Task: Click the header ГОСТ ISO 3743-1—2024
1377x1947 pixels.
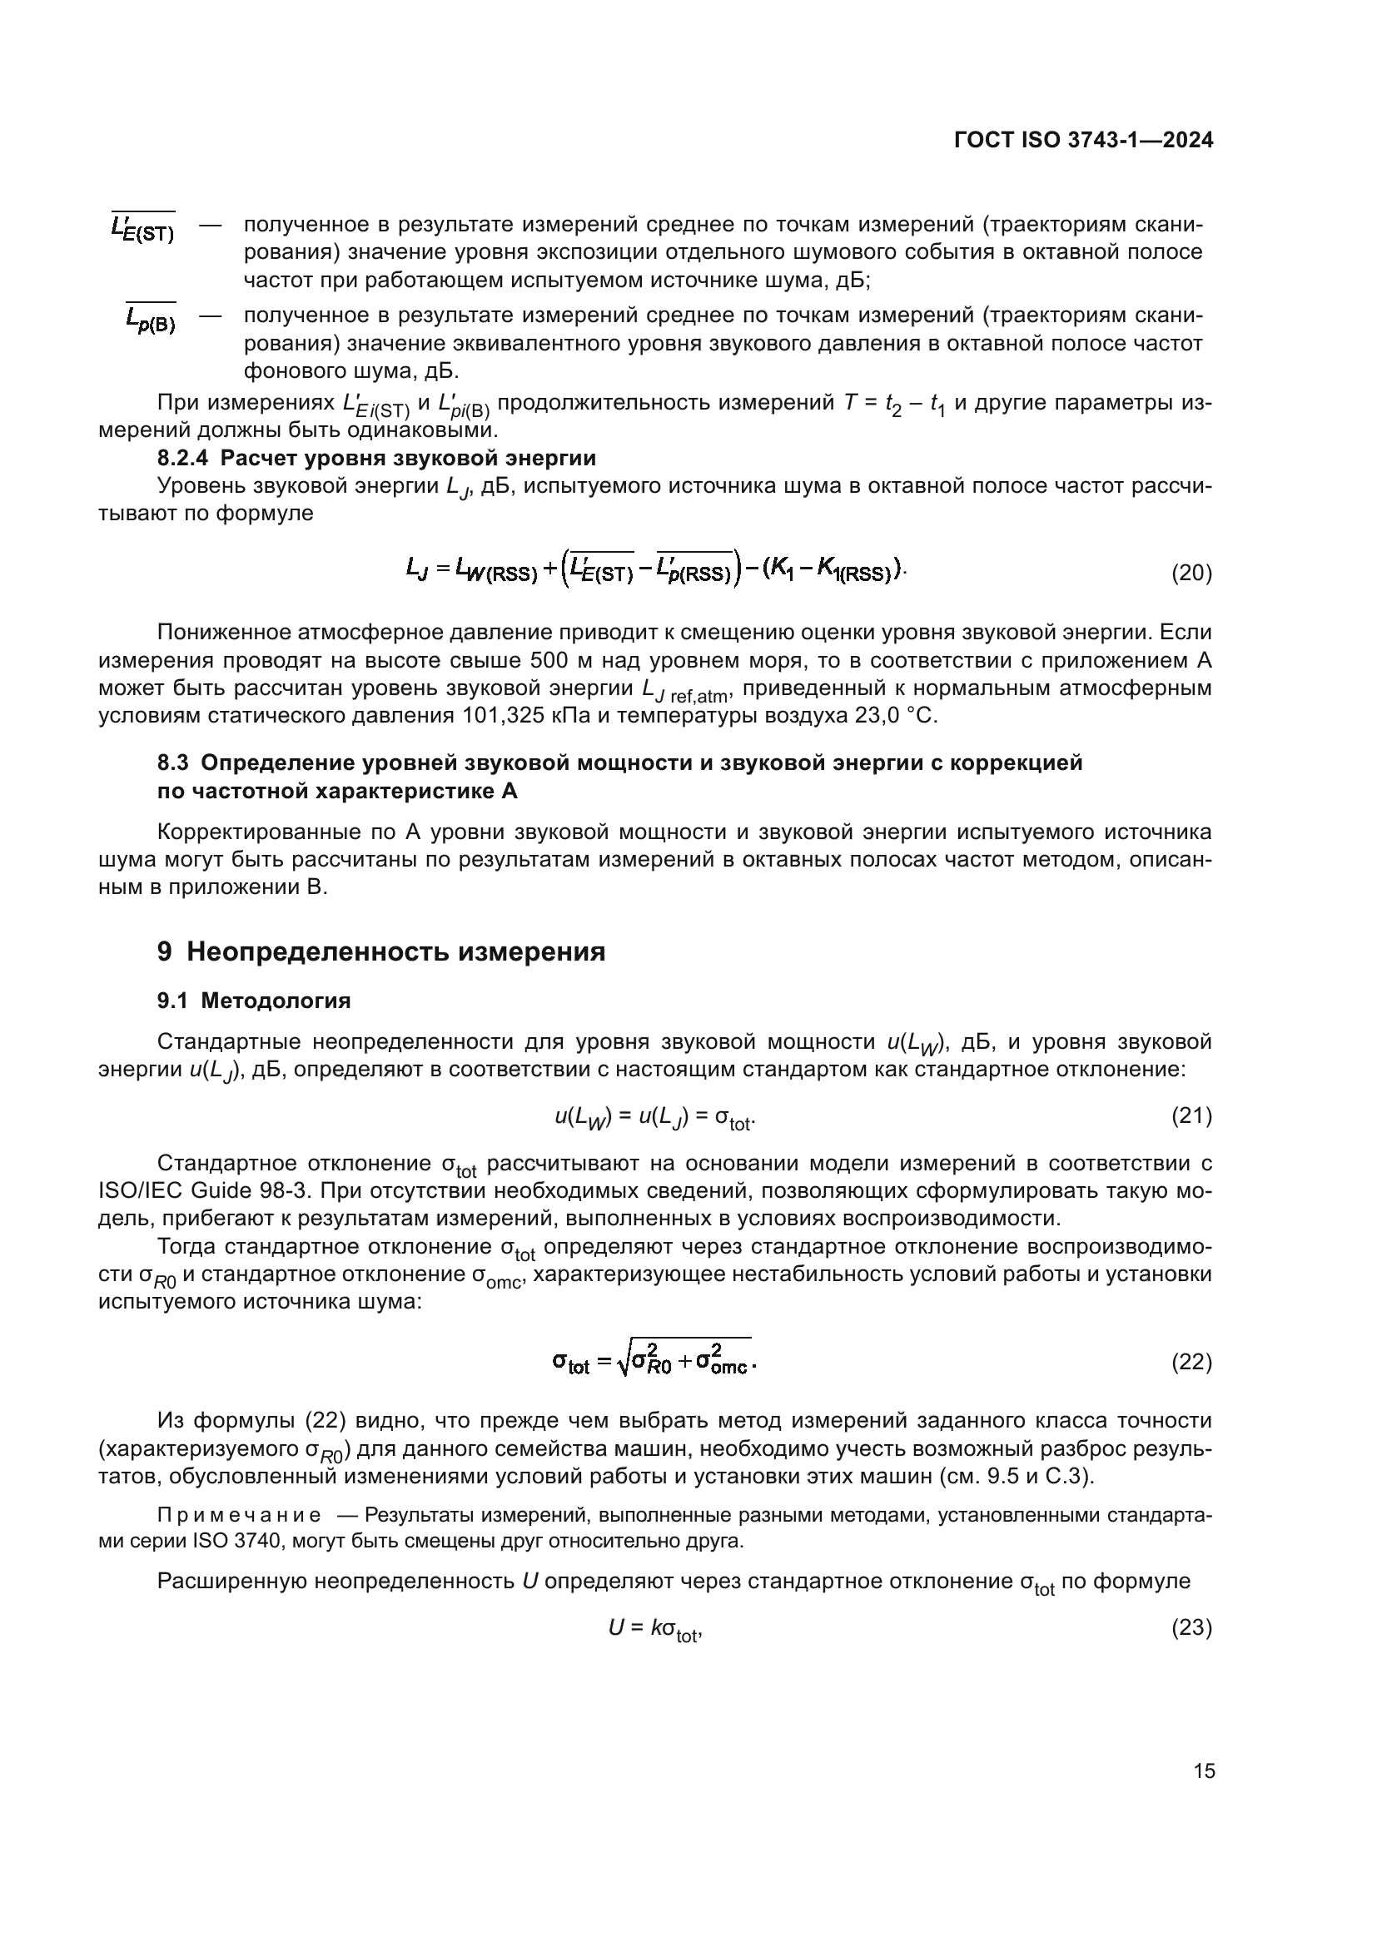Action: pos(1084,140)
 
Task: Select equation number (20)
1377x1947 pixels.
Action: pos(1191,574)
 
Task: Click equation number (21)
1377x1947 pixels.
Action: pos(1191,1116)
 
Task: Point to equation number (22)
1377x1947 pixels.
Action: pos(1191,1362)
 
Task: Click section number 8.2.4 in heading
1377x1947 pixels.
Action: pos(185,459)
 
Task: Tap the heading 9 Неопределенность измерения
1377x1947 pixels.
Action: pos(381,951)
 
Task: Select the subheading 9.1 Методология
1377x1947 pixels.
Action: pos(255,1001)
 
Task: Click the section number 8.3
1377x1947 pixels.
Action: pos(173,762)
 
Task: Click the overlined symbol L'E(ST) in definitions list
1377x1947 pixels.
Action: pos(142,227)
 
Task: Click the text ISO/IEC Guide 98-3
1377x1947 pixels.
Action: pos(215,1191)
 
